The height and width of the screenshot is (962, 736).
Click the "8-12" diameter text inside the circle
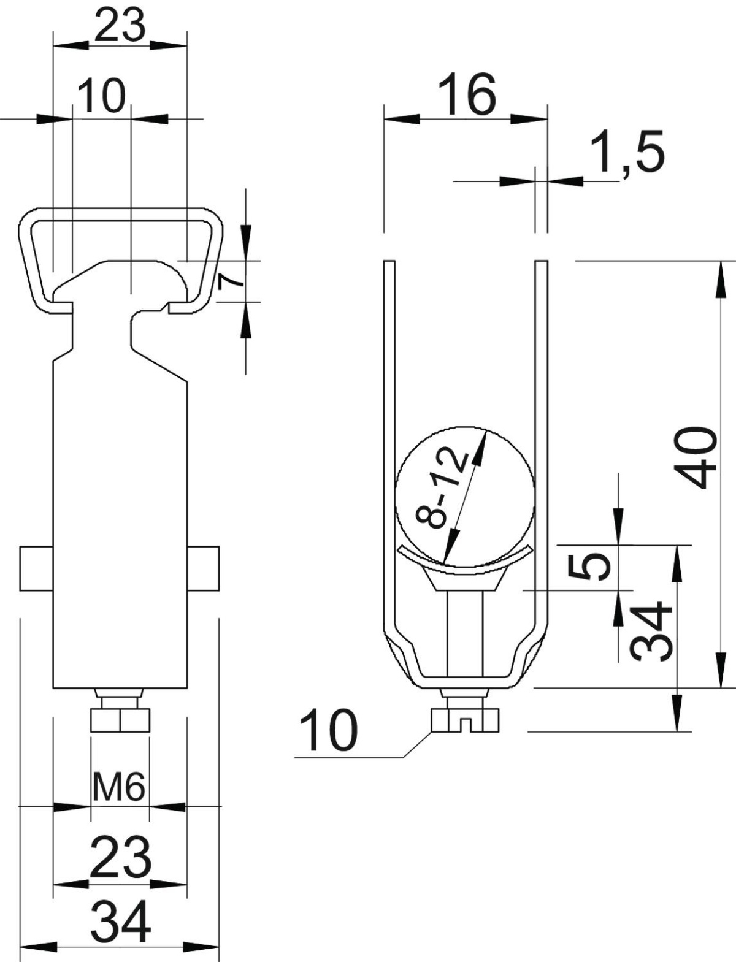pyautogui.click(x=443, y=489)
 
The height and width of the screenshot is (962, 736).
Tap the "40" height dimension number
pyautogui.click(x=699, y=459)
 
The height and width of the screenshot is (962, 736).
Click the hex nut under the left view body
pyautogui.click(x=120, y=720)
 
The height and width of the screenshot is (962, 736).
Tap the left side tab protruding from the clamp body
pyautogui.click(x=36, y=568)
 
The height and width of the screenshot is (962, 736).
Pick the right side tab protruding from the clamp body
pyautogui.click(x=203, y=568)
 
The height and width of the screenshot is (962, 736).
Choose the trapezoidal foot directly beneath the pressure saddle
pyautogui.click(x=465, y=579)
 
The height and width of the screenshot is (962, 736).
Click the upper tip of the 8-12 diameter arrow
pyautogui.click(x=486, y=431)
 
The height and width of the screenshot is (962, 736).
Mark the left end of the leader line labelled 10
pyautogui.click(x=295, y=757)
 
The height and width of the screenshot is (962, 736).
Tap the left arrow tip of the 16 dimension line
pyautogui.click(x=384, y=119)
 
